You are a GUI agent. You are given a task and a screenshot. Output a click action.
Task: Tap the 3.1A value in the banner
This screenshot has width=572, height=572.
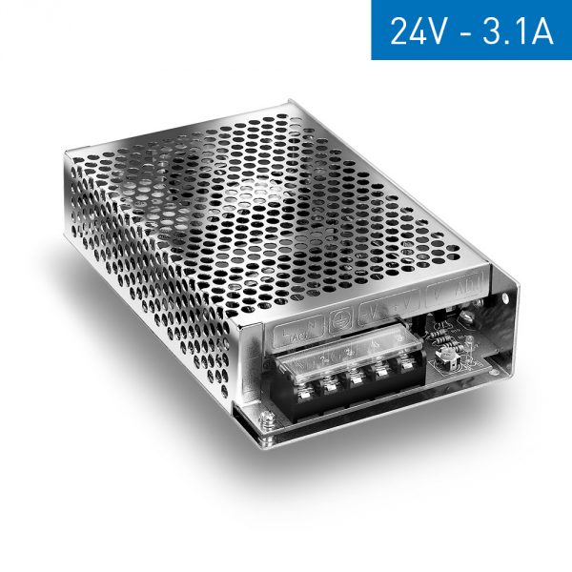point(517,31)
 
